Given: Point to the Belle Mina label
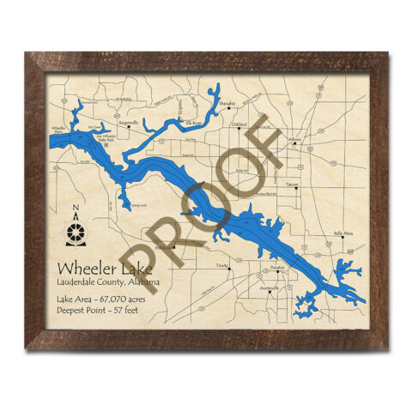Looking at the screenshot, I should pyautogui.click(x=343, y=233).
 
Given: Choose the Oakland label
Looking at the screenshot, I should pyautogui.click(x=239, y=124).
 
